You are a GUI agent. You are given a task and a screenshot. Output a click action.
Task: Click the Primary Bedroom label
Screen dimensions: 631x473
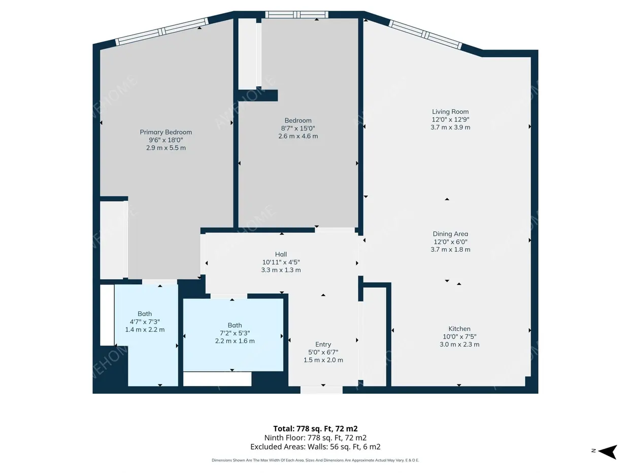click(166, 132)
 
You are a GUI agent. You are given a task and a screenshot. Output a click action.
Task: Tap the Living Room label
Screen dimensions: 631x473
click(450, 112)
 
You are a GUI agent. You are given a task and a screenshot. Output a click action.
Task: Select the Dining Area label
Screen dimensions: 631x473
click(450, 234)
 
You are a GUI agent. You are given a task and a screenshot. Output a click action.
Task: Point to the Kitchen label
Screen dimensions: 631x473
click(459, 329)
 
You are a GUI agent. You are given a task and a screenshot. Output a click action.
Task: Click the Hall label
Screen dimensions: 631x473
click(281, 254)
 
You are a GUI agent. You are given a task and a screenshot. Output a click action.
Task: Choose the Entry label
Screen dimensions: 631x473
click(323, 344)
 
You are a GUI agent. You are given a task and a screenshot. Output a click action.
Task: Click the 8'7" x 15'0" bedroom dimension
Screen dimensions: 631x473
click(298, 128)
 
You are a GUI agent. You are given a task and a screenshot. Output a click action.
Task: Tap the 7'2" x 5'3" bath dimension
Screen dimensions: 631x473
click(235, 333)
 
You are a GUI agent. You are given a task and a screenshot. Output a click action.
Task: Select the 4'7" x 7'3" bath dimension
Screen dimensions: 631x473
click(145, 322)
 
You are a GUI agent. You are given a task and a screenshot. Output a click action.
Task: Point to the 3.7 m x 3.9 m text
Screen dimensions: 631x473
click(450, 127)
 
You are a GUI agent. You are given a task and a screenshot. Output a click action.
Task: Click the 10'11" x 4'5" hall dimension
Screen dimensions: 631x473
click(281, 262)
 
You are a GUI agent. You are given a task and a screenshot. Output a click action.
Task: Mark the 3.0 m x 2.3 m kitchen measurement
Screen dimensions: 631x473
click(459, 344)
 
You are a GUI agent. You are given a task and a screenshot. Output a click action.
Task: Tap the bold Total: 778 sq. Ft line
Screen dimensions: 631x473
click(315, 429)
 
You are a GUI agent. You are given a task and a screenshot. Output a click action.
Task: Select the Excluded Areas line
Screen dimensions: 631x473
click(315, 447)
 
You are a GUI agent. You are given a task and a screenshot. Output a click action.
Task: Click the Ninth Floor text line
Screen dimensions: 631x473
click(315, 438)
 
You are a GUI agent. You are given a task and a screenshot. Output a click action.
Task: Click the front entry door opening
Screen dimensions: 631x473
click(321, 390)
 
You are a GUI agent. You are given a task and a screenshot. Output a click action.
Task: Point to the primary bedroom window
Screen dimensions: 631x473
click(162, 31)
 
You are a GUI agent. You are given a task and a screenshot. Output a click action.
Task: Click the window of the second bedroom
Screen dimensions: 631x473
click(296, 15)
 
